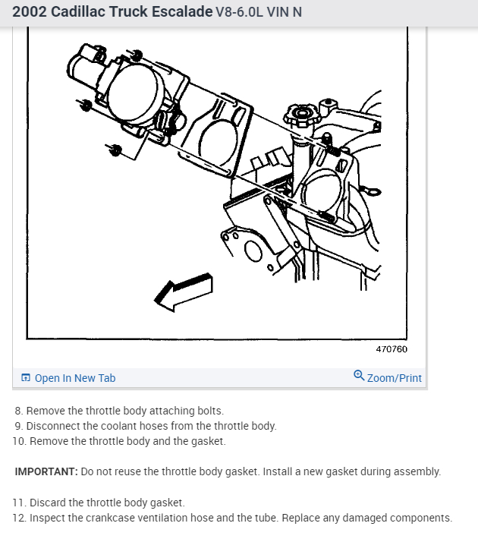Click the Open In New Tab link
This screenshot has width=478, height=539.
pos(74,378)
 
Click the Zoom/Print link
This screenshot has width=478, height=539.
pos(394,378)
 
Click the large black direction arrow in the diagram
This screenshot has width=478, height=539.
pos(183,292)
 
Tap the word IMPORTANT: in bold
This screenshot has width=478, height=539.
pos(46,471)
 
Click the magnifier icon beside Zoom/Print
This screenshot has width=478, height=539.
pos(359,377)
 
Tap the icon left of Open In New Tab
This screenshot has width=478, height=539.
pos(26,378)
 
